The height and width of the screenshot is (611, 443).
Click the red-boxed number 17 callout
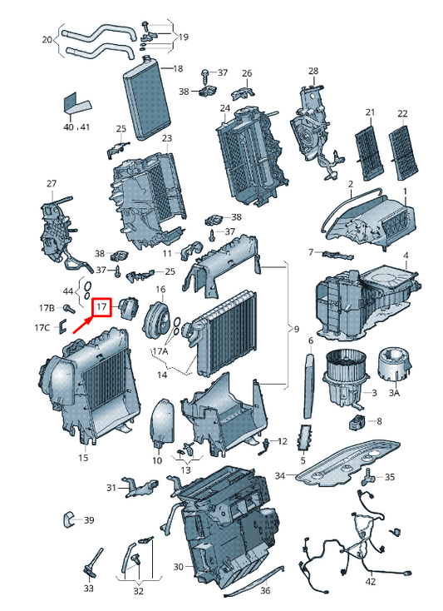click(101, 307)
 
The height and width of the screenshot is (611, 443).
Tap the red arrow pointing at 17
click(83, 325)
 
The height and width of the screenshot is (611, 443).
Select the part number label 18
click(178, 68)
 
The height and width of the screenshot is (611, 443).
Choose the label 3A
click(394, 392)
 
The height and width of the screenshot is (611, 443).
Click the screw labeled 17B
click(70, 308)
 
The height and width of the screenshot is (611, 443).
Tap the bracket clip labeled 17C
click(63, 326)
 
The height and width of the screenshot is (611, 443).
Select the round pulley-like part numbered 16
click(157, 320)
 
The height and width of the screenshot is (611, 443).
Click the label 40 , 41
click(76, 127)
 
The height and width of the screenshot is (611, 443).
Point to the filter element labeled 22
click(404, 153)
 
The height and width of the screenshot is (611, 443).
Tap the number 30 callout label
click(178, 567)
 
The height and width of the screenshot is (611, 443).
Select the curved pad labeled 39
click(69, 519)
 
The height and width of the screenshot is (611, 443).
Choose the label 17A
click(160, 351)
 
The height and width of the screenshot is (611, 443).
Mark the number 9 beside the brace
click(297, 330)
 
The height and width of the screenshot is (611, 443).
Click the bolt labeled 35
click(367, 476)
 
